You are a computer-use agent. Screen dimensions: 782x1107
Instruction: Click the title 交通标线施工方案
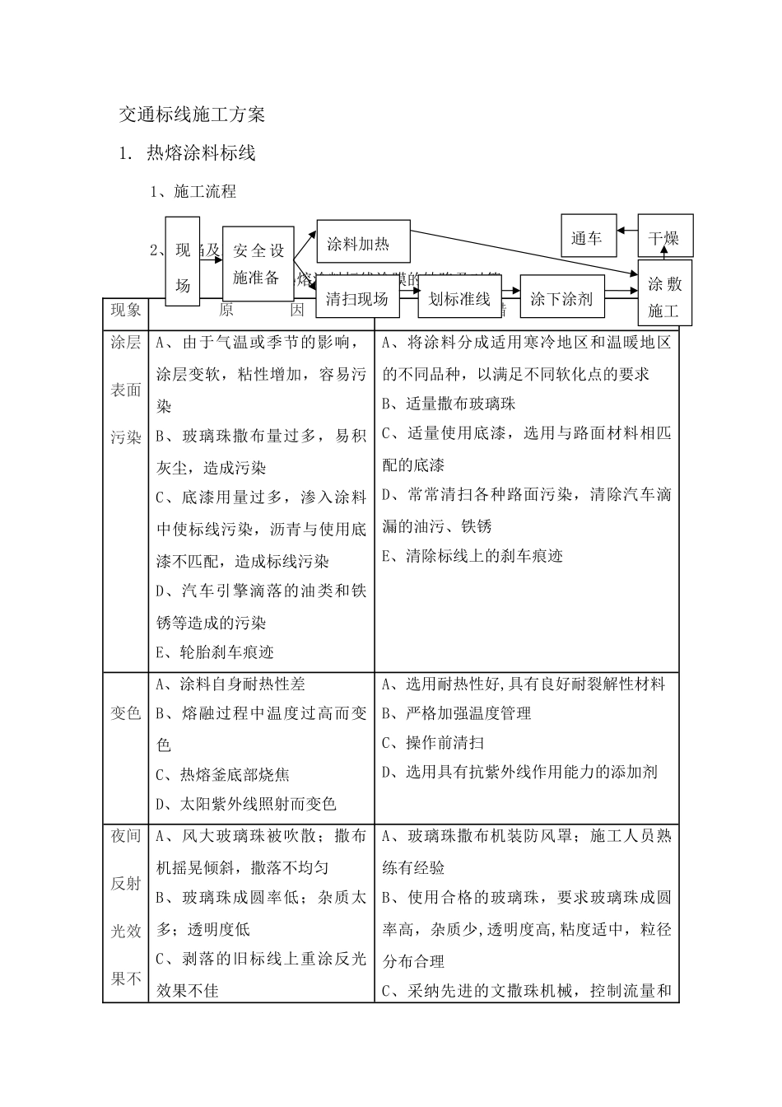coord(192,115)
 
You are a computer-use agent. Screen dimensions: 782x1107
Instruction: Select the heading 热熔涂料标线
coord(201,153)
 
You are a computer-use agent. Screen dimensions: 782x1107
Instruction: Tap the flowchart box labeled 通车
coord(586,239)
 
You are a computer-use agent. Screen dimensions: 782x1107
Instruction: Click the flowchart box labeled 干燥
coord(663,239)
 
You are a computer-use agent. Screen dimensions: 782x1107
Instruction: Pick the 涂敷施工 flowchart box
coord(663,297)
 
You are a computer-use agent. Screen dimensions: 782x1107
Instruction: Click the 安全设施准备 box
coord(258,264)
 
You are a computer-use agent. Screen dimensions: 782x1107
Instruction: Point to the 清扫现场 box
coord(356,298)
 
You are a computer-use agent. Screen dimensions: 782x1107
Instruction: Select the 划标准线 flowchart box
coord(459,298)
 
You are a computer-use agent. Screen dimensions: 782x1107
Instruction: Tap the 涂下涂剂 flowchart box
coord(561,298)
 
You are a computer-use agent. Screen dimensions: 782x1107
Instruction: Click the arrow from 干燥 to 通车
coord(626,233)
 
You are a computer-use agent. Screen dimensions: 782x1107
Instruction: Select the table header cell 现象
coord(126,310)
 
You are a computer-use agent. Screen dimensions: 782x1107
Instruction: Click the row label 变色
coord(126,713)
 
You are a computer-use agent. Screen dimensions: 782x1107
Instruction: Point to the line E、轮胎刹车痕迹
coord(215,652)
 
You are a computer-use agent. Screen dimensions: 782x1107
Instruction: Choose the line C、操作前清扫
coord(433,743)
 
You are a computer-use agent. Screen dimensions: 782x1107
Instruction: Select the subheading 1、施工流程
coord(193,192)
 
